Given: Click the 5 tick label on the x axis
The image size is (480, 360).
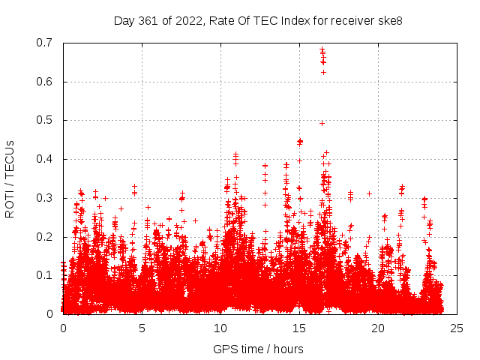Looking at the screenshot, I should pos(142,328).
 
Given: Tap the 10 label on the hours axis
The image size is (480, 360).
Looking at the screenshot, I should pos(220,328).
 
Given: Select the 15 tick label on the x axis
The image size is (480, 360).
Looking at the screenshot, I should pos(299,328).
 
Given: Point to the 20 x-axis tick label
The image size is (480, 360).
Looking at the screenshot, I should pos(378,328).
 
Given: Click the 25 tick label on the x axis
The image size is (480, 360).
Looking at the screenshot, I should pos(457,328).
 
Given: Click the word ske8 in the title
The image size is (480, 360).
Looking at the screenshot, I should pos(389,20).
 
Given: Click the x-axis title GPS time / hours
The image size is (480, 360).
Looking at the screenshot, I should pos(258,349).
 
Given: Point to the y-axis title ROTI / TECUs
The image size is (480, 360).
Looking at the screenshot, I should pos(10,178).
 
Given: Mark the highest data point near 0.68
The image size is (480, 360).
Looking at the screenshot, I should pos(322,49).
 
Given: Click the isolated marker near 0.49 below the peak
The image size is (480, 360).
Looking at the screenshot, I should pos(322,123).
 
